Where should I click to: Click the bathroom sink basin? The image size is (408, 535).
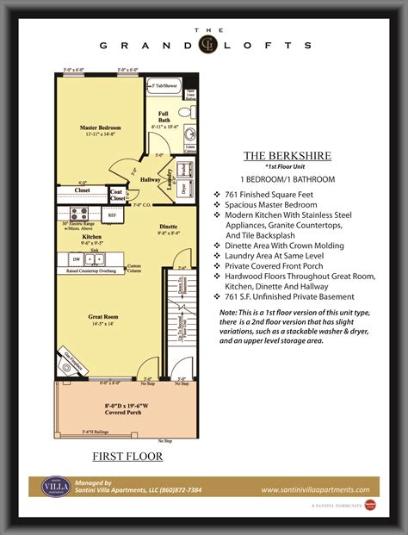pyautogui.click(x=190, y=135)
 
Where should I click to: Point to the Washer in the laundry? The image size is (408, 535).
pyautogui.click(x=184, y=169)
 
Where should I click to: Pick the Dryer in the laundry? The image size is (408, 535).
pyautogui.click(x=184, y=186)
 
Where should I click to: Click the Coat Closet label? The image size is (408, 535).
pyautogui.click(x=118, y=194)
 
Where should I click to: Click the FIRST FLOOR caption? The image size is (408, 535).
pyautogui.click(x=127, y=456)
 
